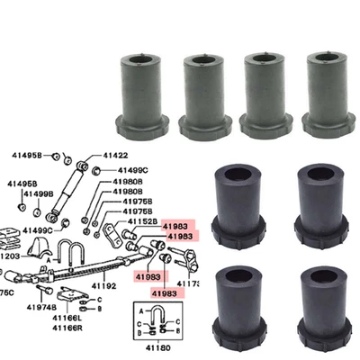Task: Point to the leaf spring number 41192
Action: click(x=104, y=286)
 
